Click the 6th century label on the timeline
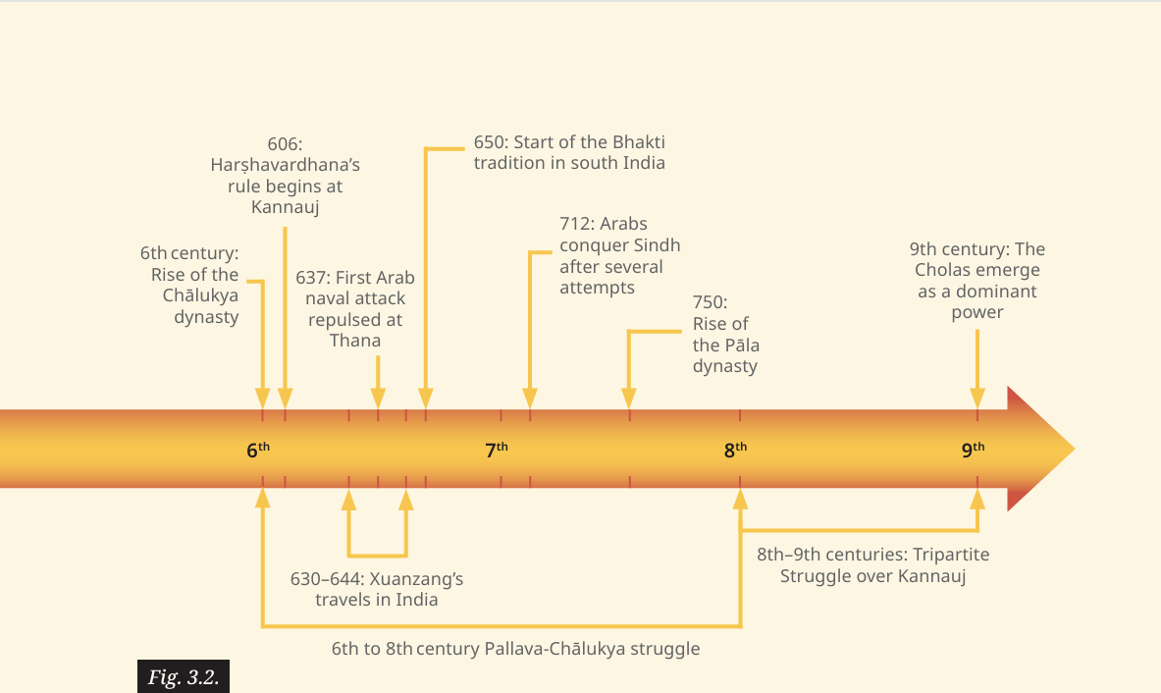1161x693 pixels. point(258,449)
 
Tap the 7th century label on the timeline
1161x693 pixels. point(496,449)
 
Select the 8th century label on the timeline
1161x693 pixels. point(735,449)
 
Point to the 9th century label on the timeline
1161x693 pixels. point(973,449)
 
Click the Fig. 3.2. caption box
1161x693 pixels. point(184,676)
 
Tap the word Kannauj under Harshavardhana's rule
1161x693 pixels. point(285,206)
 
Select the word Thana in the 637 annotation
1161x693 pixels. point(355,341)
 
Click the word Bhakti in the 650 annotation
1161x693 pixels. point(638,142)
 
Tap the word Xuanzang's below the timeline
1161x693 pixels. point(416,578)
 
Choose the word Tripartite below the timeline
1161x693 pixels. point(951,555)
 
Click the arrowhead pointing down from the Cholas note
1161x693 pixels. point(977,399)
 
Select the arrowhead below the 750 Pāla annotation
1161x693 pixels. point(629,399)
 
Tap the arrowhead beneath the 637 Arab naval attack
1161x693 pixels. point(378,399)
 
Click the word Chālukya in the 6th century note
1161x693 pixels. point(200,295)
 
